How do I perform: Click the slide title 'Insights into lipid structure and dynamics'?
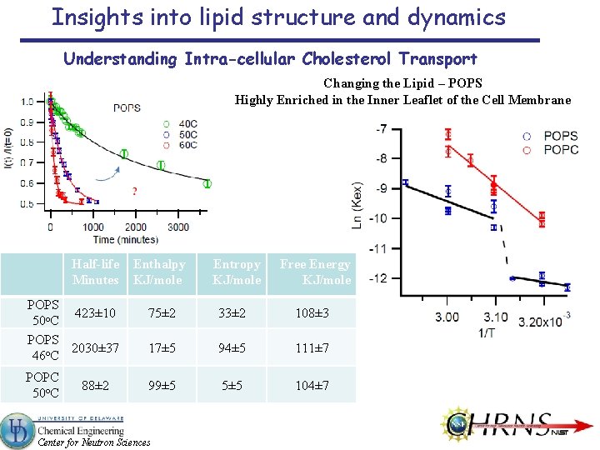point(278,17)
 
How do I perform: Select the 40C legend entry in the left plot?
point(182,122)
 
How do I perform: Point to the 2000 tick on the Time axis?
point(136,227)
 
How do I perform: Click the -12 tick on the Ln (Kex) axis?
point(379,278)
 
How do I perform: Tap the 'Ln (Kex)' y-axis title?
point(357,205)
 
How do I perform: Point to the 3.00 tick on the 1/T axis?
point(447,317)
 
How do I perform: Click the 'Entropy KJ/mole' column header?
point(237,272)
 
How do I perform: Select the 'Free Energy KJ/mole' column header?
point(315,272)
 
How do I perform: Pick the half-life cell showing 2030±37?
point(95,347)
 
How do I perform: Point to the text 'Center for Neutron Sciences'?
point(94,442)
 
